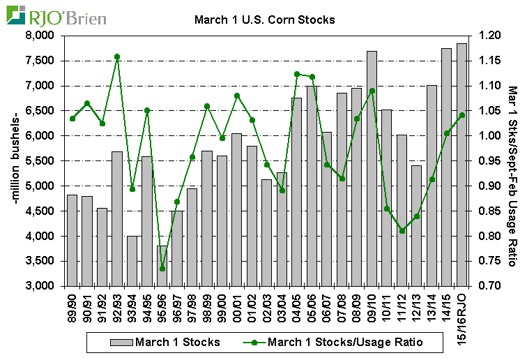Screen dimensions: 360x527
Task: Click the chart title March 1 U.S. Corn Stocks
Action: [x=264, y=20]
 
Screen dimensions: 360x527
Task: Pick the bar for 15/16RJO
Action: [x=461, y=165]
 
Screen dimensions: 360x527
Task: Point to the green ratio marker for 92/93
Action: [x=117, y=57]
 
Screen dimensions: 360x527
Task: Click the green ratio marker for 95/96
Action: [x=162, y=269]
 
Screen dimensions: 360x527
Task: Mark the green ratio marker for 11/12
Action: [x=402, y=231]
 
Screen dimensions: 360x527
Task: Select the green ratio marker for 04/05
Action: [x=296, y=74]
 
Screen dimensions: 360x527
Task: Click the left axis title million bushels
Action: [x=15, y=160]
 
